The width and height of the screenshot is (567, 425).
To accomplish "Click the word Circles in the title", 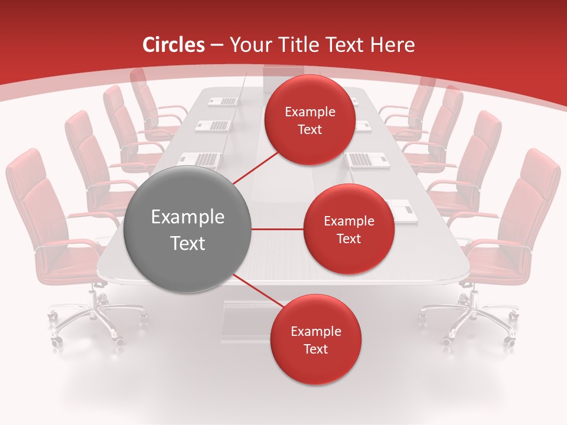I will coord(174,45).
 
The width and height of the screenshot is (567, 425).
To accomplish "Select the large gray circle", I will coord(187,229).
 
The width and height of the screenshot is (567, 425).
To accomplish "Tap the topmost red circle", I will coord(309,120).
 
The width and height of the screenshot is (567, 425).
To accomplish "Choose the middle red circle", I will coord(348,229).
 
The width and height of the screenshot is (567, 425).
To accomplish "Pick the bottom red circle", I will coord(315,339).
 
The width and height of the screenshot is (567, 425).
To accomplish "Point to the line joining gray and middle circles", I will coord(278,229).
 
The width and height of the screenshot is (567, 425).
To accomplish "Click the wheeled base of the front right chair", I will coord(472,322).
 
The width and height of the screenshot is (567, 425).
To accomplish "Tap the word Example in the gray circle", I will coord(187,217).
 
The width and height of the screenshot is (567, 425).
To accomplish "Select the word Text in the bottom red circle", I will coord(315,349).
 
